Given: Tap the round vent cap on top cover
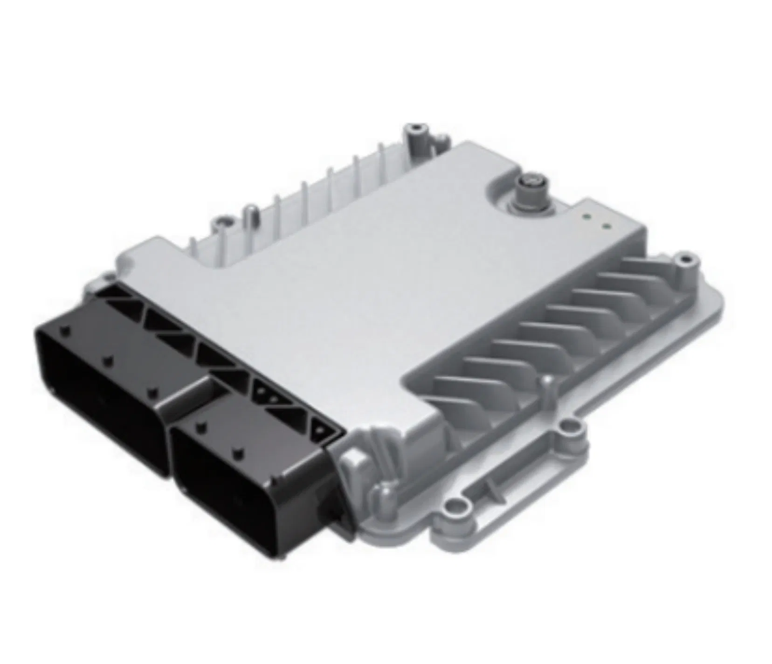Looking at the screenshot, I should point(529,182).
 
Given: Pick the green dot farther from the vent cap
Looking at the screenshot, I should point(606,227).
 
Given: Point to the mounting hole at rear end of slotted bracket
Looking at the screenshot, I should point(566,425).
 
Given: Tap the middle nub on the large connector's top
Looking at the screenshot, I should point(108,360).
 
